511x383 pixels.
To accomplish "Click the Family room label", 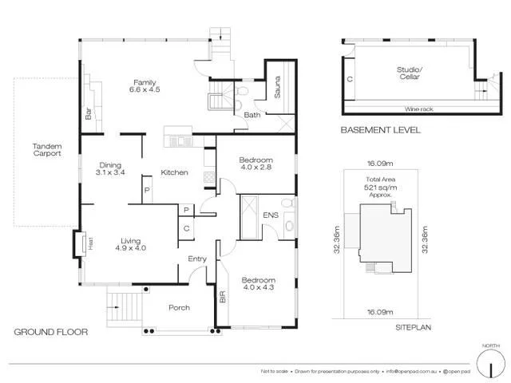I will point(144,86).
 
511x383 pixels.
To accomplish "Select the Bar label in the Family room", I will point(88,115).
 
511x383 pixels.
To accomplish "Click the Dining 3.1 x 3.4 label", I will point(110,168).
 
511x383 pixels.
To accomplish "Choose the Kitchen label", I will point(174,172).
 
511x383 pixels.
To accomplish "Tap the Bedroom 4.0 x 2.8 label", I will point(257,164).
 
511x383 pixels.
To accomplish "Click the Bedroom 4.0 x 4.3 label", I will point(259,284).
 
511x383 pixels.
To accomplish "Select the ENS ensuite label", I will point(271,215).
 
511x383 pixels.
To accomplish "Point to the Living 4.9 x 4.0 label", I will point(131,245).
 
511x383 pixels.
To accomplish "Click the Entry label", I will point(197,259).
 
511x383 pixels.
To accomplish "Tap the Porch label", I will point(179,308).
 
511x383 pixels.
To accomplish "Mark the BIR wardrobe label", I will point(223,298).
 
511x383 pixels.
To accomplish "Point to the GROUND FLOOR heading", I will point(51,332).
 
